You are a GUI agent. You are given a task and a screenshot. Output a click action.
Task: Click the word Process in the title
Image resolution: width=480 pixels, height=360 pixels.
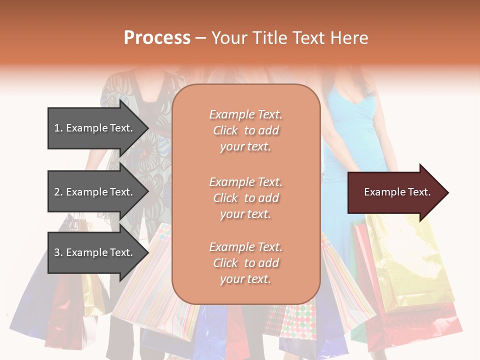click(157, 37)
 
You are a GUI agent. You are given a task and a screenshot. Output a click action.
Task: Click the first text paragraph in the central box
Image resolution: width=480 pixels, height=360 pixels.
click(245, 130)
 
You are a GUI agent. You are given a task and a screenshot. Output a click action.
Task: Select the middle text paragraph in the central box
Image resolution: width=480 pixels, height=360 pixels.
click(245, 198)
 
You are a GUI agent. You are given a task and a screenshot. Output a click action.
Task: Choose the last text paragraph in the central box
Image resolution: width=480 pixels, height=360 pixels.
click(245, 263)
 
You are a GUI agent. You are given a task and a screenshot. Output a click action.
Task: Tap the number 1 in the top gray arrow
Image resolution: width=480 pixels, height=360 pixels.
click(57, 128)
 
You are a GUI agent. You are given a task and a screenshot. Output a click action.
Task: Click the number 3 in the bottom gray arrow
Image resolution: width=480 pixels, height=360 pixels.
click(57, 252)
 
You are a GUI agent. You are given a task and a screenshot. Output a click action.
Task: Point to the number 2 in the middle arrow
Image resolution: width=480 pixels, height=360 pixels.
click(57, 192)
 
